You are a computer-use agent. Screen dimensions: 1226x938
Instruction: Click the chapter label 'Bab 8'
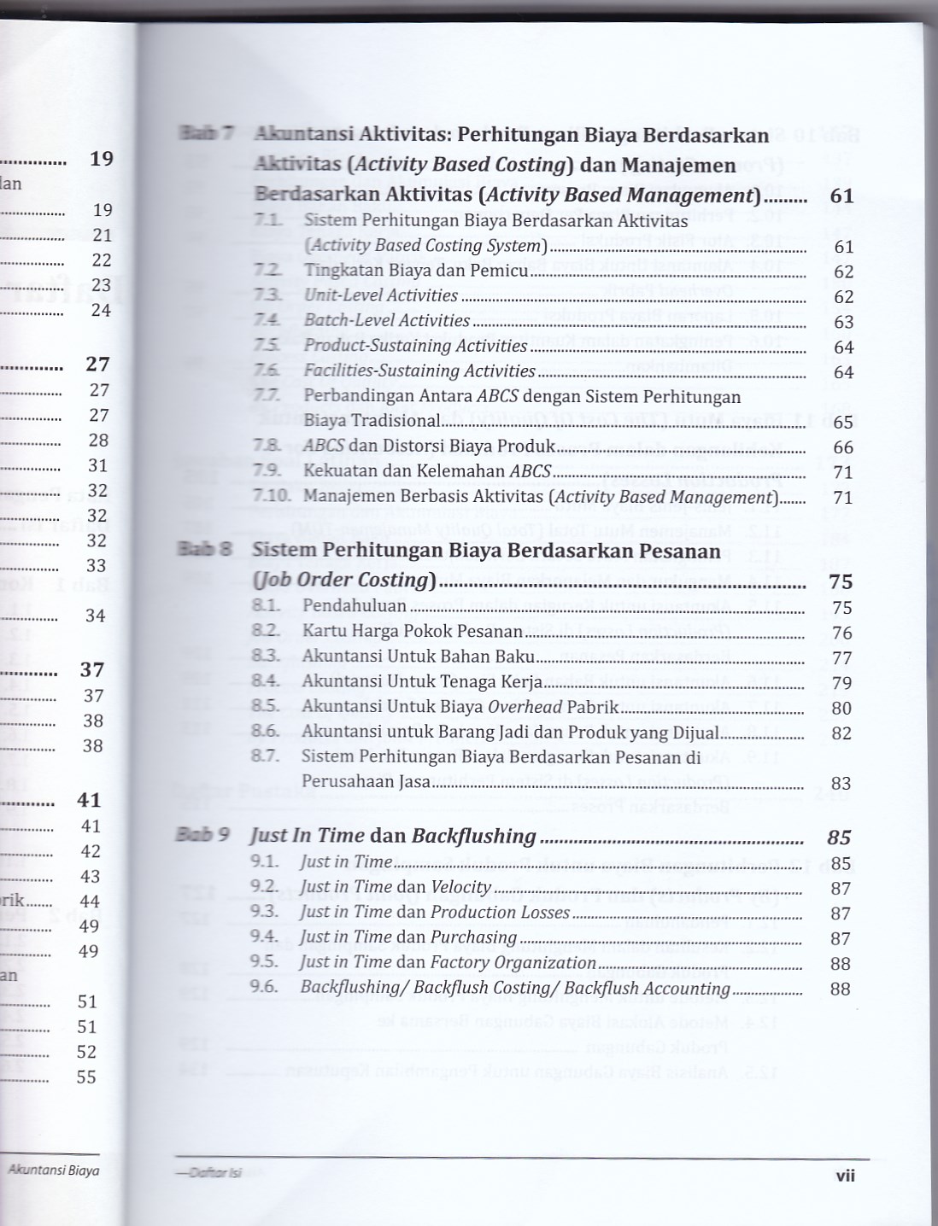[x=204, y=549]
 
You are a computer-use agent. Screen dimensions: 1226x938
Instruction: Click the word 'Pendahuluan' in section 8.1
[x=355, y=606]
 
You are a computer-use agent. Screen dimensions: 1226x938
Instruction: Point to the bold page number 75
[x=841, y=581]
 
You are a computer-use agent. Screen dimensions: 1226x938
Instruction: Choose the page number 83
[x=841, y=783]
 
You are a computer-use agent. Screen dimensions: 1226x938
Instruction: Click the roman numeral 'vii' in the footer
[x=845, y=1176]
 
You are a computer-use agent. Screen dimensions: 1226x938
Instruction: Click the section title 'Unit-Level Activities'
[x=381, y=295]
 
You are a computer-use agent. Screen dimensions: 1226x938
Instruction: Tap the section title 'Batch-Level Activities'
[x=387, y=321]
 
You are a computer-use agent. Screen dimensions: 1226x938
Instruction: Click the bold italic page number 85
[x=840, y=838]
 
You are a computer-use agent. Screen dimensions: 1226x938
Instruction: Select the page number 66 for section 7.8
[x=843, y=447]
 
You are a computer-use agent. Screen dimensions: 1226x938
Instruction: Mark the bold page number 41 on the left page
[x=89, y=800]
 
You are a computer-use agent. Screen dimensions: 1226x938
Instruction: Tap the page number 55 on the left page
[x=86, y=1077]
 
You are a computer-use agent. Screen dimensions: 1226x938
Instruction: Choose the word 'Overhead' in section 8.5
[x=524, y=707]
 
